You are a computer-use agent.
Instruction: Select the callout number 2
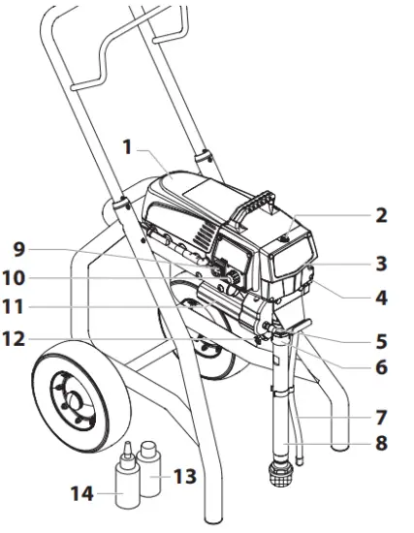[x=381, y=215]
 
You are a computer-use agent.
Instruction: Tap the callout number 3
[x=381, y=263]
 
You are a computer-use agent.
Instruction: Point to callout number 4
[x=381, y=298]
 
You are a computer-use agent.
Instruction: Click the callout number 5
[x=381, y=341]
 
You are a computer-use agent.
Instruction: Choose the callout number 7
[x=381, y=418]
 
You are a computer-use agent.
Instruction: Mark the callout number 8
[x=381, y=445]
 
